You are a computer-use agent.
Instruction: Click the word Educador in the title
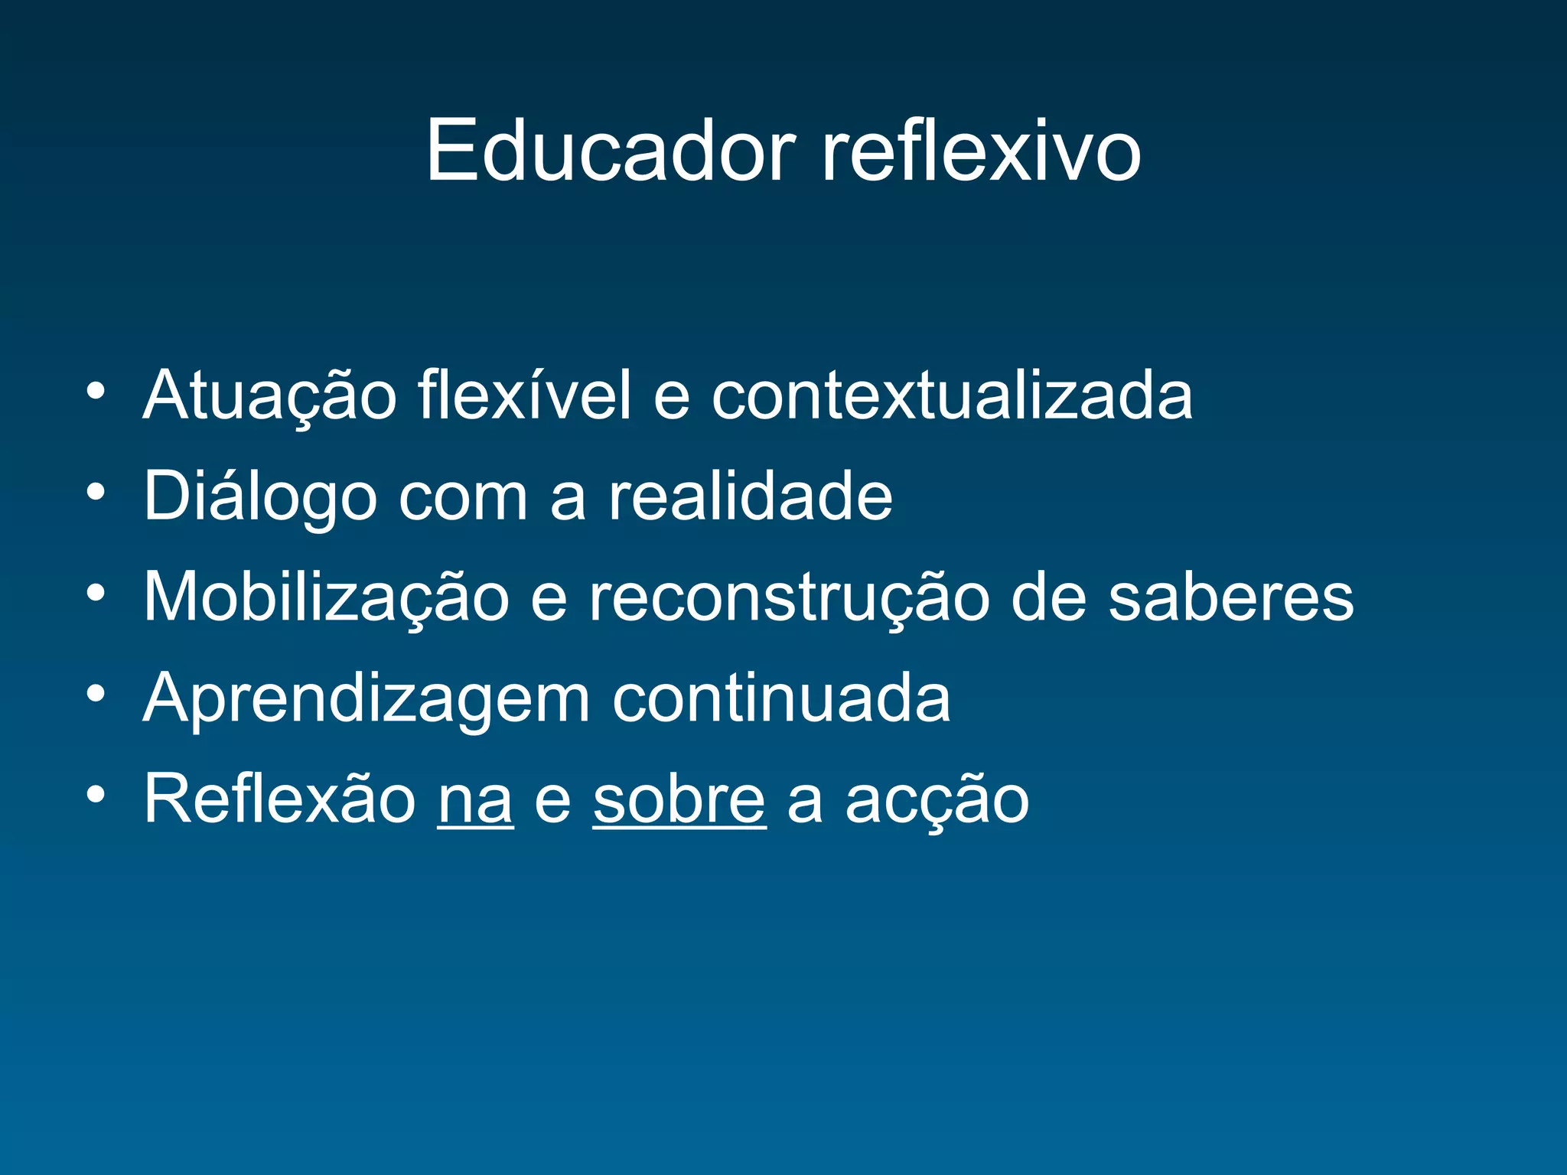pyautogui.click(x=611, y=151)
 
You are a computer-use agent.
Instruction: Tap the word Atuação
pyautogui.click(x=269, y=396)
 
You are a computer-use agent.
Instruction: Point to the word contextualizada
pyautogui.click(x=952, y=396)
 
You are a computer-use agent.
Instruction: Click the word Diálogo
pyautogui.click(x=260, y=497)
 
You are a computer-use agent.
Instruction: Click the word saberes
pyautogui.click(x=1231, y=597)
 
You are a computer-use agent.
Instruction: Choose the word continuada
pyautogui.click(x=781, y=698)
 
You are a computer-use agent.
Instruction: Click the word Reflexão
pyautogui.click(x=279, y=799)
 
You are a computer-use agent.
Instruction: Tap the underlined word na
pyautogui.click(x=475, y=800)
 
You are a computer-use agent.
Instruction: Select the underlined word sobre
pyautogui.click(x=679, y=799)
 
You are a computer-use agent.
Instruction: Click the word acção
pyautogui.click(x=937, y=800)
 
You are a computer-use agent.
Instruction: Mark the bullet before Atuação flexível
pyautogui.click(x=96, y=391)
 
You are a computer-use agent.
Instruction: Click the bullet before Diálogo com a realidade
pyautogui.click(x=96, y=492)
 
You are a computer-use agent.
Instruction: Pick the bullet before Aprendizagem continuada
pyautogui.click(x=96, y=693)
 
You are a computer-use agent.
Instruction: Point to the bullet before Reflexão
pyautogui.click(x=96, y=794)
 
